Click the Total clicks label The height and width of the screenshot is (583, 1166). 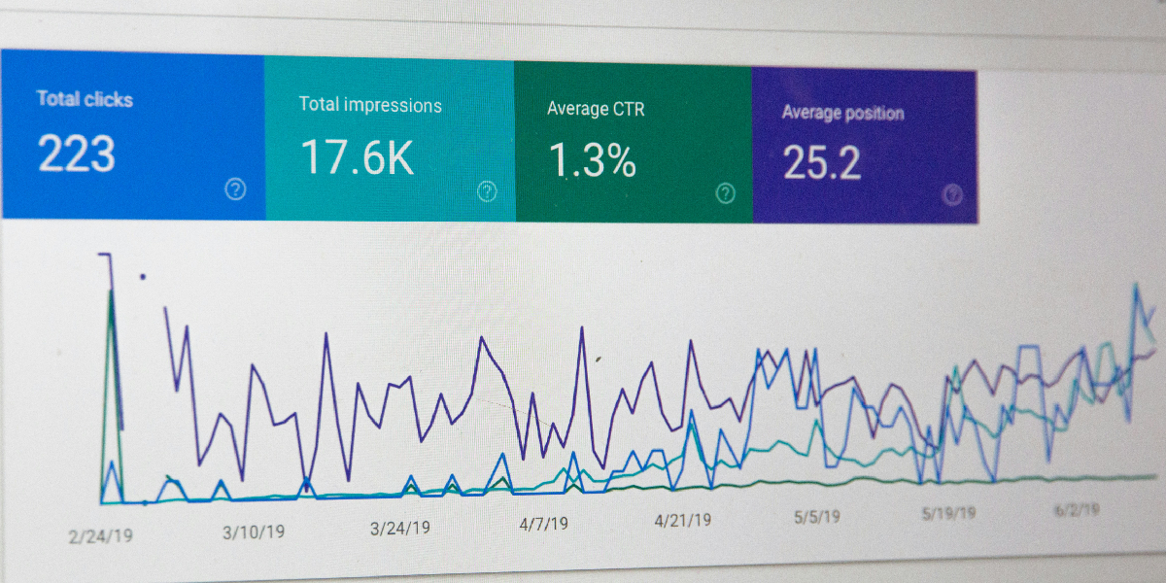[85, 99]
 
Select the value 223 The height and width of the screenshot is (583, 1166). [77, 154]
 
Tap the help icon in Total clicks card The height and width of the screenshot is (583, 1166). [235, 189]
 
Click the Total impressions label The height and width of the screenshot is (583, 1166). [370, 105]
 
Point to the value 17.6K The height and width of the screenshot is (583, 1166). [357, 157]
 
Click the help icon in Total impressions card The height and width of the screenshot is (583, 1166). [487, 191]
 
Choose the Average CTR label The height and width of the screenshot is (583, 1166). [596, 109]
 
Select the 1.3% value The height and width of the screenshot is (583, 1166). [593, 160]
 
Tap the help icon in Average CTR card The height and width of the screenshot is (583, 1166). [725, 193]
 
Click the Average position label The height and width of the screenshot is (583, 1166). [842, 113]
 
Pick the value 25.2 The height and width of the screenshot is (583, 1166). [822, 163]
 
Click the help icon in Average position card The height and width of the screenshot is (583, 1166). [953, 194]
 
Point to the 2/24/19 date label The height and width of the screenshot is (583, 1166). [100, 534]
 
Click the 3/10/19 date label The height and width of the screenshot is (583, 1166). [253, 532]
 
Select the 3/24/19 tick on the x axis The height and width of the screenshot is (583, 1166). [399, 529]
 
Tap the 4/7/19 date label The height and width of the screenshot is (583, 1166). [543, 524]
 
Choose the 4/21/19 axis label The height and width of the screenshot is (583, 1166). [682, 520]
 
